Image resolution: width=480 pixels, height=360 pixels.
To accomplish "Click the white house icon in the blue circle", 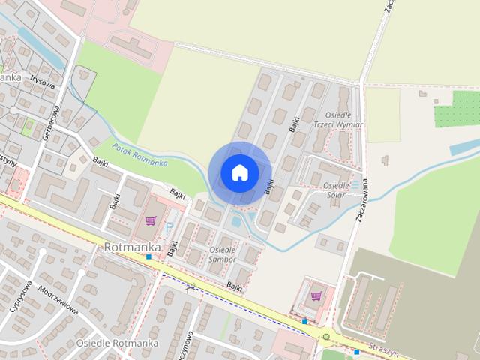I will coord(239,172).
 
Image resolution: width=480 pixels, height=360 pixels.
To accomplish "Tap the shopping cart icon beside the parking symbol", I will coord(151,220).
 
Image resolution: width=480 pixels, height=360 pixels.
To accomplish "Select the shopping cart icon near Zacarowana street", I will coord(316,295).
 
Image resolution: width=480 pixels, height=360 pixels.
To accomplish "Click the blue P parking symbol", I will coord(169,224).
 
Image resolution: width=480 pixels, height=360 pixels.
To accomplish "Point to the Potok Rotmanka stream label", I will coord(139,154).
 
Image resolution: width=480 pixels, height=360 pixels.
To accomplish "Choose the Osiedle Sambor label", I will coord(222,254).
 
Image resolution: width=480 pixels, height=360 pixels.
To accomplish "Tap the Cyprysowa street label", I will coord(22,297).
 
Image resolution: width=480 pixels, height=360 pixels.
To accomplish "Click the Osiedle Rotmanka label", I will coord(116,343).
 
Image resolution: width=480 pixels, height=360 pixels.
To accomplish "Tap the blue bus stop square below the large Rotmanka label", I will coord(148,256).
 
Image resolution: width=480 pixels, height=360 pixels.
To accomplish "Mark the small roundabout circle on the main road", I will coord(326,336).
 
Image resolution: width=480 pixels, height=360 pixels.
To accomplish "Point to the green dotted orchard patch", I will coord(455,116).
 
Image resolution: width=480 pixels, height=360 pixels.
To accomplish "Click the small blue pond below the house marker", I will coord(237,220).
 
